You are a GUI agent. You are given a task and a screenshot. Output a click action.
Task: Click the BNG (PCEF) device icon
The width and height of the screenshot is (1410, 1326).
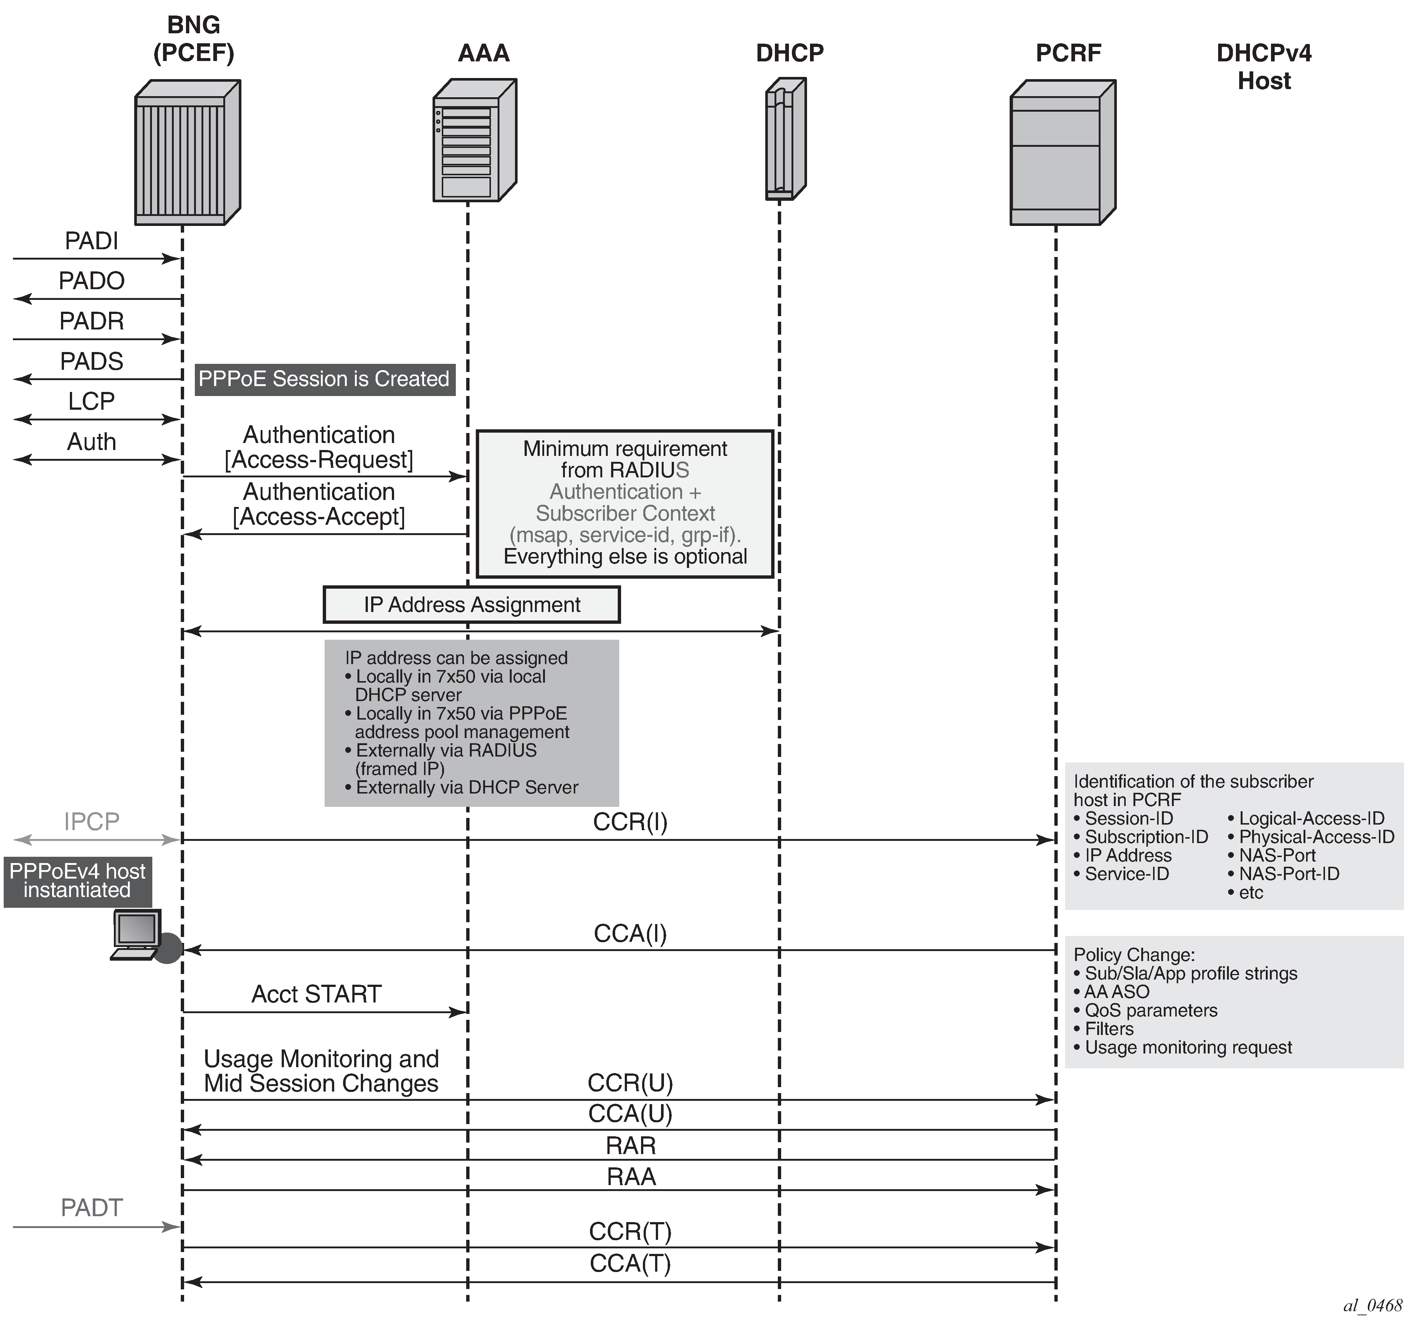coord(187,153)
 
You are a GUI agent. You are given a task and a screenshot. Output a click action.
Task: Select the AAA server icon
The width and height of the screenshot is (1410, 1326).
coord(474,141)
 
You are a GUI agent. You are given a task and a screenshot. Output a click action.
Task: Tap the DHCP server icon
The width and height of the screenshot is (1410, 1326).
coord(785,139)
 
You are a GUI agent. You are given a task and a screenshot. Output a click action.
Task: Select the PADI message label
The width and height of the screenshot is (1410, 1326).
coord(91,241)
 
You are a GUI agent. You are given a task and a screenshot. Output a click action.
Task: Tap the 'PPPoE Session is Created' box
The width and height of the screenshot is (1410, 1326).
coord(324,379)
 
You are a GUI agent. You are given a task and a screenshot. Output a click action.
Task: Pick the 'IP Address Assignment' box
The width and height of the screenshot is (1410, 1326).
coord(472,605)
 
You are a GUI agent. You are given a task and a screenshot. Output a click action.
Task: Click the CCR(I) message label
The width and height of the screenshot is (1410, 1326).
coord(630,822)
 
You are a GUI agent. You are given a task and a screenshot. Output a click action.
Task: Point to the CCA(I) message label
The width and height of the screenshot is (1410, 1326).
coord(630,934)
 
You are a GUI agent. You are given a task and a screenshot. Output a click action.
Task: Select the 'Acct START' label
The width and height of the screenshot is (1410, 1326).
coord(316,994)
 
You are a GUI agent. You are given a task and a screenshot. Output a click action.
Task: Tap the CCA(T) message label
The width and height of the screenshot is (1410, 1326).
coord(630,1264)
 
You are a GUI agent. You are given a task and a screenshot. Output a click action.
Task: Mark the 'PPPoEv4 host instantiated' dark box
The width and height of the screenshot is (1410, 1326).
coord(77,881)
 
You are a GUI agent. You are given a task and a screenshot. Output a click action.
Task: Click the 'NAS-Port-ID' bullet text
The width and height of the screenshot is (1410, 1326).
coord(1289,874)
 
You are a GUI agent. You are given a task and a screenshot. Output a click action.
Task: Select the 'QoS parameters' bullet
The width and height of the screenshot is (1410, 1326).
coord(1150,1010)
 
